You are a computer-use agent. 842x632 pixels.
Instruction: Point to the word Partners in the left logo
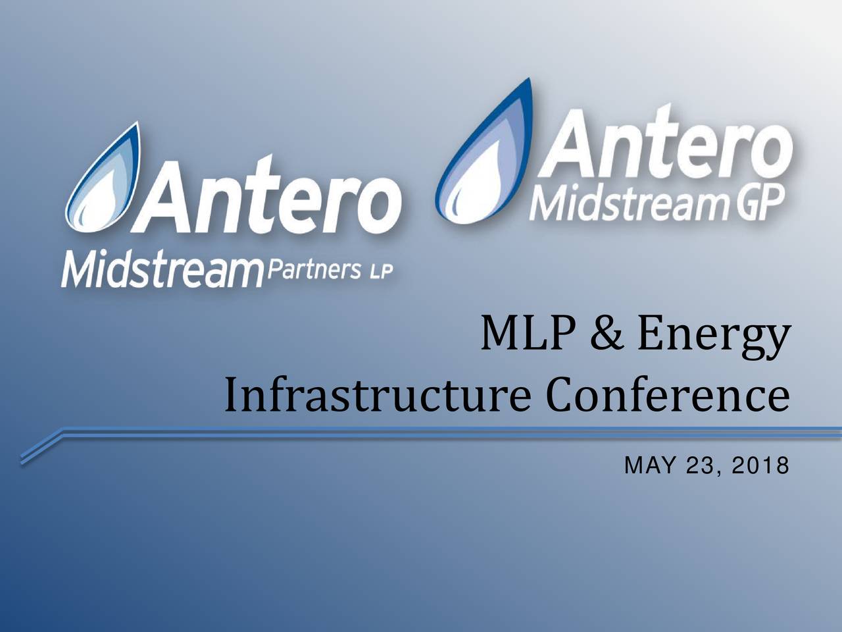[314, 269]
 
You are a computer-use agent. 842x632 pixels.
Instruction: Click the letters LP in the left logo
[381, 272]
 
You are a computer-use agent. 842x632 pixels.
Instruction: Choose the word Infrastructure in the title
[377, 394]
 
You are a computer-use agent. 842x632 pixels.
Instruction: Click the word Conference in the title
[668, 394]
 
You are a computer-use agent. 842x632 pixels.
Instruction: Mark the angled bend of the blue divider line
[61, 433]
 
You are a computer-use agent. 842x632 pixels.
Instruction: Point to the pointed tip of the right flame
[530, 78]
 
